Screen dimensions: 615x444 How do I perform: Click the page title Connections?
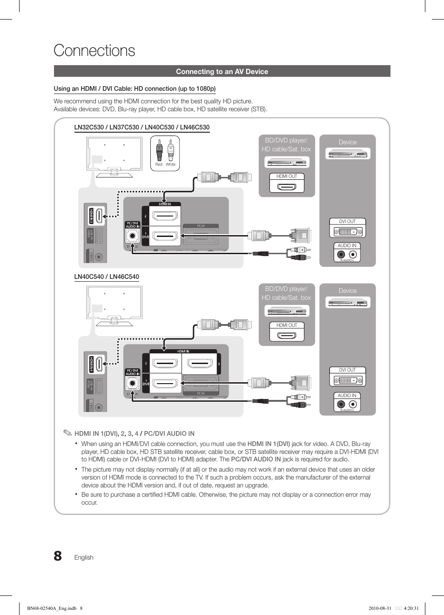[94, 51]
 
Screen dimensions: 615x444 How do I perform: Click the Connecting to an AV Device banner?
[222, 71]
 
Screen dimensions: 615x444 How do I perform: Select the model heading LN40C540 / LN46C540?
[107, 277]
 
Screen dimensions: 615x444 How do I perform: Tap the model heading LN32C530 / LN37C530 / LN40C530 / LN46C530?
[142, 127]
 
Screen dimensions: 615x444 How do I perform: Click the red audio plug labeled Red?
[159, 152]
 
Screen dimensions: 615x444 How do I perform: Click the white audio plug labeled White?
[171, 152]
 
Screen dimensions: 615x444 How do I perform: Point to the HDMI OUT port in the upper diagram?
[287, 187]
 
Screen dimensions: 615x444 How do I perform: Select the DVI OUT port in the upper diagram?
[348, 231]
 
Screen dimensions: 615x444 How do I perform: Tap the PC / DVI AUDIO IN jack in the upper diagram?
[132, 236]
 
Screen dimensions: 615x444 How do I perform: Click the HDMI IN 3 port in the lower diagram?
[200, 363]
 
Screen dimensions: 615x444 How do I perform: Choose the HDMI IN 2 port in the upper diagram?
[166, 216]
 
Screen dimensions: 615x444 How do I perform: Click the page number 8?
[58, 556]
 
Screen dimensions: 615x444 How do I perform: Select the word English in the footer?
[84, 557]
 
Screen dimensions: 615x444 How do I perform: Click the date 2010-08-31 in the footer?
[380, 608]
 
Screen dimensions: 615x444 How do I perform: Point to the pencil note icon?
[67, 433]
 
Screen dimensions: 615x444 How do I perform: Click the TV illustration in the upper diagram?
[114, 156]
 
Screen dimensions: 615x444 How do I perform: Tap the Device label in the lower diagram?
[348, 291]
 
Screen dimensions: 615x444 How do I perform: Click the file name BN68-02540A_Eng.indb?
[52, 608]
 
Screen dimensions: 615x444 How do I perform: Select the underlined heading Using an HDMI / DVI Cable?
[135, 88]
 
